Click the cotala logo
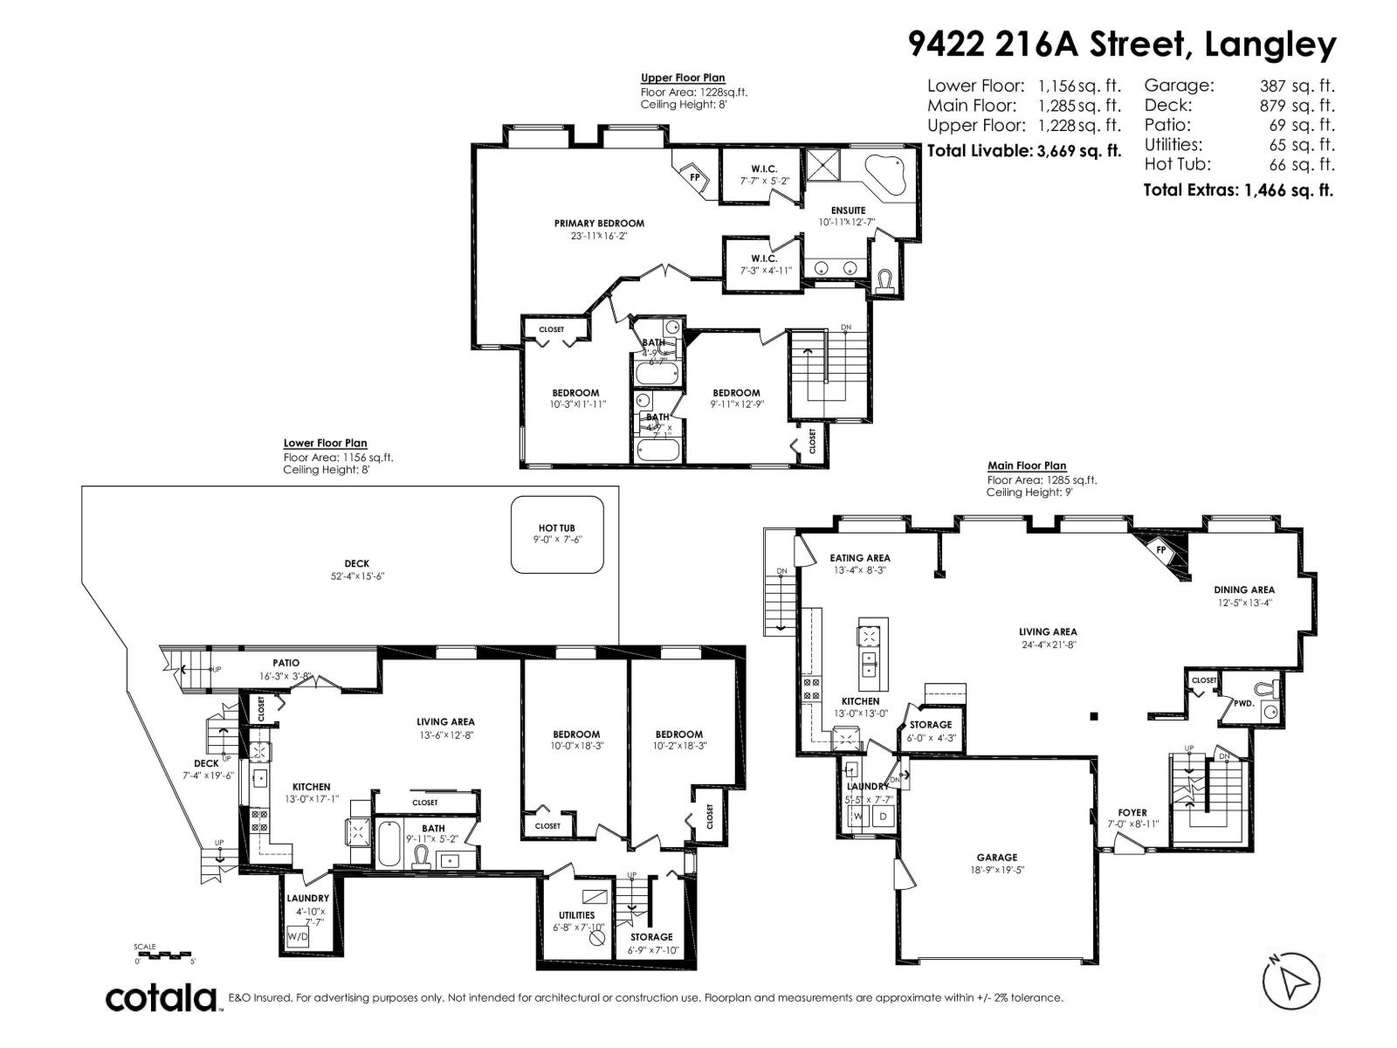coord(162,997)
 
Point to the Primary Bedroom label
coord(599,224)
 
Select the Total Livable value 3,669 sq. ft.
coord(1078,151)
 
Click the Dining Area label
coord(1244,590)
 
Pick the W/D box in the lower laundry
coord(298,937)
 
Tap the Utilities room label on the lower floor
coord(576,915)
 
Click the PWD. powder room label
coord(1243,702)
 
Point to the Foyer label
coord(1132,812)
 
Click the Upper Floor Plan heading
coord(683,79)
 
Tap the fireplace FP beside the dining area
coord(1161,549)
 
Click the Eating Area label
coord(860,558)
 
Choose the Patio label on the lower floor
coord(286,664)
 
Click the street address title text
coord(1122,44)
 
